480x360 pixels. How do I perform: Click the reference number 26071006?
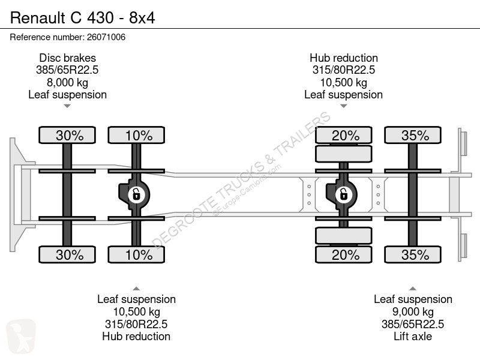tap(106, 37)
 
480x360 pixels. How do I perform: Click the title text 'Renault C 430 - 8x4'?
tap(83, 18)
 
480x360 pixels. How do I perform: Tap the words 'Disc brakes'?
tap(67, 58)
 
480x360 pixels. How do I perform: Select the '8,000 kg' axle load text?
tap(67, 83)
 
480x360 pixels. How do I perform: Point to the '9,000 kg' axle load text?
tap(413, 312)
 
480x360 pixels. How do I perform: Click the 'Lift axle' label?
tap(413, 337)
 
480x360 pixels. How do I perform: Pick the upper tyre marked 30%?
tap(67, 135)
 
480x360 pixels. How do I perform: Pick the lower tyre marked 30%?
tap(67, 254)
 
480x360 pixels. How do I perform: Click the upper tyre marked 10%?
tap(136, 135)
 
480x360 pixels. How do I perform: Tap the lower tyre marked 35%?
tap(413, 254)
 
